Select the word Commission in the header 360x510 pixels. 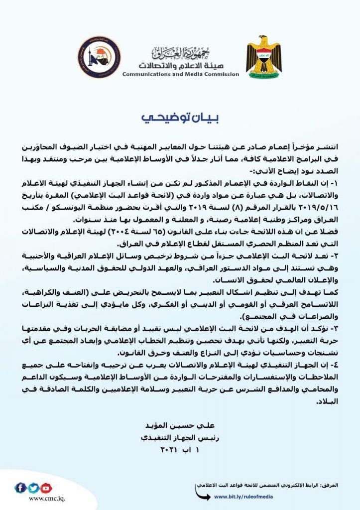click(219, 75)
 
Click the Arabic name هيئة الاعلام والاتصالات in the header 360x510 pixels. click(181, 65)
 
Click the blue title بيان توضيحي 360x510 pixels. click(180, 118)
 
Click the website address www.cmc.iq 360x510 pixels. click(46, 499)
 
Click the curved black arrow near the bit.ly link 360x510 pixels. click(202, 494)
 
